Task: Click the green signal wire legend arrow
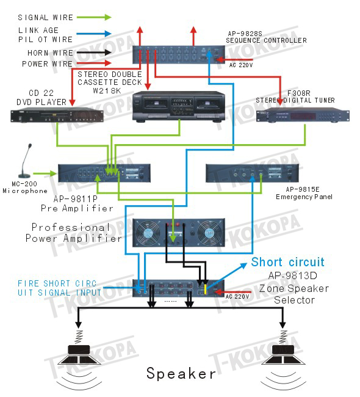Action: coord(94,17)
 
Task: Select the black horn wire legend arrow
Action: coord(94,53)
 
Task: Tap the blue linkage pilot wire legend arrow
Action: coord(94,34)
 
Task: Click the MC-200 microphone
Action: coord(25,161)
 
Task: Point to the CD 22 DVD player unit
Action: coord(57,115)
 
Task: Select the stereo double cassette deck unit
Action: coord(179,107)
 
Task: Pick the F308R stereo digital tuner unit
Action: coord(303,116)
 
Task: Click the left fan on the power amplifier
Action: coord(148,233)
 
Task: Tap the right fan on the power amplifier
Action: coord(209,233)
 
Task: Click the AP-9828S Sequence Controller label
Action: coord(266,37)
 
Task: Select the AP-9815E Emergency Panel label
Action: coord(304,193)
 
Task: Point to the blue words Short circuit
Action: coord(287,262)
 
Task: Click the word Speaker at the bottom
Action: coord(181,373)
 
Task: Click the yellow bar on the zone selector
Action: coord(205,289)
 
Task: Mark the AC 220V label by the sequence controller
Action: coord(241,65)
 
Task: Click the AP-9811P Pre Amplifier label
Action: coord(77,203)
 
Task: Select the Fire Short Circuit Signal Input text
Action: coord(59,288)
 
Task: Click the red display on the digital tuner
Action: coord(303,117)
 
